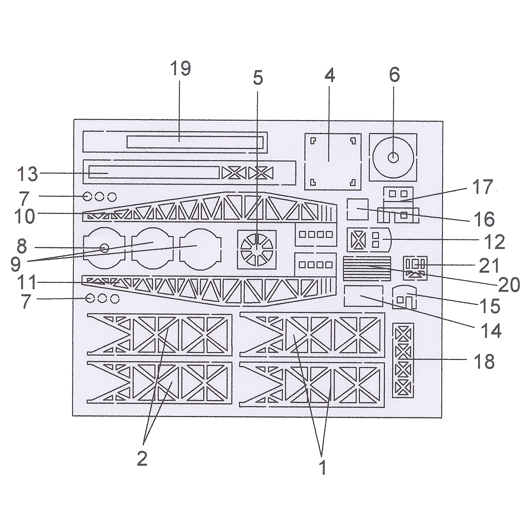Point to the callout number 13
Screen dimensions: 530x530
(27, 174)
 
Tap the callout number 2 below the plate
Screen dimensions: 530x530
(142, 458)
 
